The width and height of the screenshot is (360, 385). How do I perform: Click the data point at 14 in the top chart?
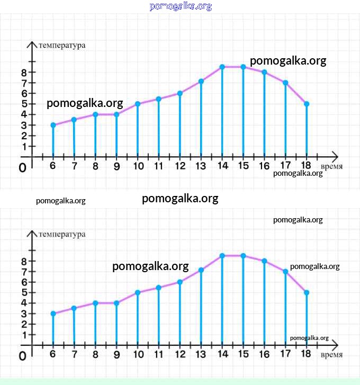click(x=222, y=67)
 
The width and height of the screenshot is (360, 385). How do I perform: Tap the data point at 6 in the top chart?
click(x=53, y=125)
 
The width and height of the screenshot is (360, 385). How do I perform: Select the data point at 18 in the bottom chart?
click(x=307, y=292)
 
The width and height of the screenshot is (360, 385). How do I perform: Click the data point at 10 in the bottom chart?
click(x=138, y=292)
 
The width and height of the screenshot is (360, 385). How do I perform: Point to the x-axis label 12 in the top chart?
click(x=179, y=166)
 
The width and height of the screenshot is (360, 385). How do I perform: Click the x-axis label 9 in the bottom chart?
click(x=116, y=355)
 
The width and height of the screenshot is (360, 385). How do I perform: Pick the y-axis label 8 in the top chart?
click(x=24, y=72)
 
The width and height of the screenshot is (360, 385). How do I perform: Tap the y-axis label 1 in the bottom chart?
click(x=24, y=335)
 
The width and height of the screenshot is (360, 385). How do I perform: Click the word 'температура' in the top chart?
click(x=62, y=45)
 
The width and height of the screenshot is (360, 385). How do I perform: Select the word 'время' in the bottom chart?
click(x=331, y=355)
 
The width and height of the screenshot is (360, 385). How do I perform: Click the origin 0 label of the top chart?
click(x=22, y=167)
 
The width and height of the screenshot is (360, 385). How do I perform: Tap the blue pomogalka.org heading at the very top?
click(x=181, y=6)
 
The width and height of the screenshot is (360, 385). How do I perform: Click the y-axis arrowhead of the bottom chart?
click(x=32, y=234)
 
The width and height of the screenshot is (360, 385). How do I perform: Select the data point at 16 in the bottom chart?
click(x=264, y=261)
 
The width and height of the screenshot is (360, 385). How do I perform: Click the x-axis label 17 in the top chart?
click(x=285, y=166)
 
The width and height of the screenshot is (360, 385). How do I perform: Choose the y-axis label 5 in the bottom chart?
click(x=24, y=292)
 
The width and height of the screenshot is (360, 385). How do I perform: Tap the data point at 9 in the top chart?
click(x=116, y=114)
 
